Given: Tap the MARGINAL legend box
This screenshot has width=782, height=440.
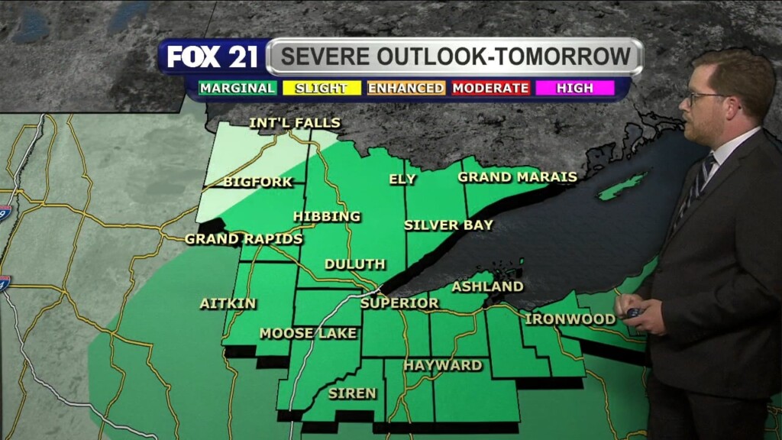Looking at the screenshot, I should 238,88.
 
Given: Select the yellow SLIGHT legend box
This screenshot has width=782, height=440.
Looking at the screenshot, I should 321,88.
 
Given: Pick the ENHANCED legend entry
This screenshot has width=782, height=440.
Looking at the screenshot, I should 406,88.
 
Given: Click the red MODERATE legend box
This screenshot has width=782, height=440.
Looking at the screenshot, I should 490,88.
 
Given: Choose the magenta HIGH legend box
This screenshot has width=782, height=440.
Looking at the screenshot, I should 575,88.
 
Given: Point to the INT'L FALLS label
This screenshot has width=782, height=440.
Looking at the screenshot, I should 295,123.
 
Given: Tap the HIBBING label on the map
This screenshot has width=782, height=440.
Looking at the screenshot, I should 327,216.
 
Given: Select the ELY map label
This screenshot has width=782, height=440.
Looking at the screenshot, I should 402,180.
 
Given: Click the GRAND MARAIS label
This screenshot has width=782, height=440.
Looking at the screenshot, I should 517,177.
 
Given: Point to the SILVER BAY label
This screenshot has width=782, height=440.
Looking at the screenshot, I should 448,225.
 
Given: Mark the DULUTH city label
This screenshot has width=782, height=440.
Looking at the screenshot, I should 354,264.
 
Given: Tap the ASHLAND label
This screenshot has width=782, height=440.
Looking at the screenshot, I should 487,286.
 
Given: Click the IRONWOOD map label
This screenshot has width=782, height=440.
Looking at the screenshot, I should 570,319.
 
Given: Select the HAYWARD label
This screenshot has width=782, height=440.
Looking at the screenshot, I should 443,365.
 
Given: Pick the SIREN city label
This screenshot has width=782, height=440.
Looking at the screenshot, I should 352,393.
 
